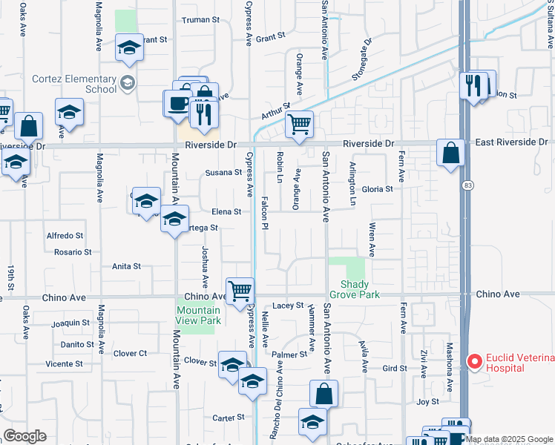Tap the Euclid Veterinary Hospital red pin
[x=474, y=362]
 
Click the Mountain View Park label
[x=199, y=315]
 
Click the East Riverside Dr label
[x=511, y=142]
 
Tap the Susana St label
[x=224, y=173]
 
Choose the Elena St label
[x=227, y=211]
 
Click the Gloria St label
[x=377, y=189]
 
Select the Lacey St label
[x=288, y=305]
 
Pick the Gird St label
[x=394, y=368]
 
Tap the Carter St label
[x=223, y=418]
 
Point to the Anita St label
[x=126, y=266]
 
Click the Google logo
[x=24, y=435]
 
